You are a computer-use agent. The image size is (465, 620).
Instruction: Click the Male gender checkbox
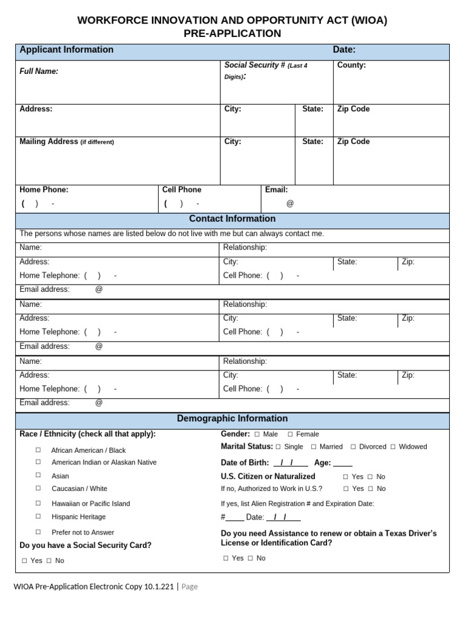(x=257, y=434)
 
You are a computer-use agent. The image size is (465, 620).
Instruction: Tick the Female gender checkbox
(x=290, y=434)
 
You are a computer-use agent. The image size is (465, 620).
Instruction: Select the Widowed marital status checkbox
(x=393, y=447)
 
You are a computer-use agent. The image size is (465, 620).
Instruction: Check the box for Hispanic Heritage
(x=38, y=516)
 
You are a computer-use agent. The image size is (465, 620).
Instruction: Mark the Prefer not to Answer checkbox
(x=38, y=532)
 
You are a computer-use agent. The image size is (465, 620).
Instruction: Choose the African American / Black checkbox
(x=38, y=450)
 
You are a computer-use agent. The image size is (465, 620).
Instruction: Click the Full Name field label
(x=39, y=71)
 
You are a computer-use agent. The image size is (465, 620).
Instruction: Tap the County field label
(x=351, y=65)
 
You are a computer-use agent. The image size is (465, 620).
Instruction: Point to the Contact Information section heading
(x=232, y=219)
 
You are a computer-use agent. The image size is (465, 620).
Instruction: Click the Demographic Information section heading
(x=232, y=419)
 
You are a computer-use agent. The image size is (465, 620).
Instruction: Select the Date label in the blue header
(x=344, y=50)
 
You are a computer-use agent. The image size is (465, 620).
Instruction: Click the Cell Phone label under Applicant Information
(x=182, y=190)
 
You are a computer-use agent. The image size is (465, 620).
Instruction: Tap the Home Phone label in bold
(x=44, y=190)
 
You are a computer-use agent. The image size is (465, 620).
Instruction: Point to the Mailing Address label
(x=48, y=142)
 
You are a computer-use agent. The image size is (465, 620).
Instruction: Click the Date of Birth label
(x=245, y=463)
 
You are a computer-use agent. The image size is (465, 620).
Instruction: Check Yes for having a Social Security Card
(x=25, y=561)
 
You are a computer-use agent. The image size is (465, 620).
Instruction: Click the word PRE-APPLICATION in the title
(x=232, y=34)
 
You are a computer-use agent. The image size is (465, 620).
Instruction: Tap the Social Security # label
(x=254, y=65)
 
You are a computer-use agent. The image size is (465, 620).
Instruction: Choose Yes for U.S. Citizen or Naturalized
(x=346, y=477)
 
